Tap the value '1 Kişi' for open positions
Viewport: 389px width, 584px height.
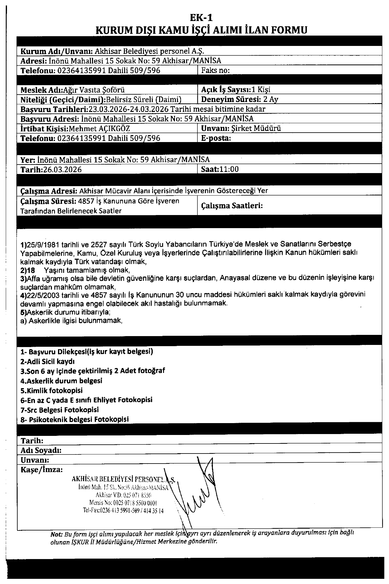tap(261, 89)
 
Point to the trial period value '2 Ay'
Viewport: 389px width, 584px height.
tap(271, 99)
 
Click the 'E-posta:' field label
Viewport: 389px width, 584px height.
tap(216, 138)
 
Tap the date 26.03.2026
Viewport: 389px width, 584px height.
tap(62, 169)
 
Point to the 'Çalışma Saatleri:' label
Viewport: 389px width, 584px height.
tap(232, 206)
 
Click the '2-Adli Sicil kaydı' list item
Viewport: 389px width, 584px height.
tap(47, 362)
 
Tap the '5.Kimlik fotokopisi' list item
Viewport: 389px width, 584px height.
tap(51, 391)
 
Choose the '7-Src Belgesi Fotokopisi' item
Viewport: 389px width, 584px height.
tap(60, 410)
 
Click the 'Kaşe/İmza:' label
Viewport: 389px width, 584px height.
tap(42, 470)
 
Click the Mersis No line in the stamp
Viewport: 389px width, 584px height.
tap(123, 503)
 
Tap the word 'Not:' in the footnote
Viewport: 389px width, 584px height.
tap(56, 534)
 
